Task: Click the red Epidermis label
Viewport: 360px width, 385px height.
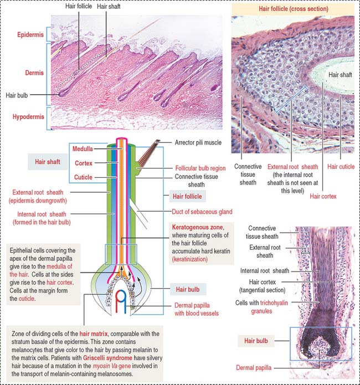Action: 30,34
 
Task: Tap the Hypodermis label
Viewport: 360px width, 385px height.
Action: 28,117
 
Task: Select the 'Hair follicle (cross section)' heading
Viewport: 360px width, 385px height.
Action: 294,9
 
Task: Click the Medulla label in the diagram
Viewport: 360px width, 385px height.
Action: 83,149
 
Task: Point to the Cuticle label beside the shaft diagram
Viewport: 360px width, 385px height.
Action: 83,177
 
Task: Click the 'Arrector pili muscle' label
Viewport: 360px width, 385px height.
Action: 198,142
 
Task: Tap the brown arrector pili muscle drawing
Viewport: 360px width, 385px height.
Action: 148,152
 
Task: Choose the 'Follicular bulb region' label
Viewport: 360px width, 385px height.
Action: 200,168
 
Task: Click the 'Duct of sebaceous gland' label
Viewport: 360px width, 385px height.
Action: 202,212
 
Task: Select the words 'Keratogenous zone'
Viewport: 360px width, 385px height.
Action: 198,227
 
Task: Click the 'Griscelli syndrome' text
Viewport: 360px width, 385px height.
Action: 107,358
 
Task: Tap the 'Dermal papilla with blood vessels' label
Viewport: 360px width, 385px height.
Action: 197,309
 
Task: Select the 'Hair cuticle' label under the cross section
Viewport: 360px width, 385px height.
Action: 341,167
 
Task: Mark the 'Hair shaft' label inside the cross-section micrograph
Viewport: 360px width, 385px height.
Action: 340,75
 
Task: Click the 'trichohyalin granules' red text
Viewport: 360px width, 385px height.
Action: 269,307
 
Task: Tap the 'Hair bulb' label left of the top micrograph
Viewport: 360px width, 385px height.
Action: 17,95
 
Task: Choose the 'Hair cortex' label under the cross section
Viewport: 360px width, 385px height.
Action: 323,196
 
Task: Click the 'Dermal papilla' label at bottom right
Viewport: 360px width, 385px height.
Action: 254,368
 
